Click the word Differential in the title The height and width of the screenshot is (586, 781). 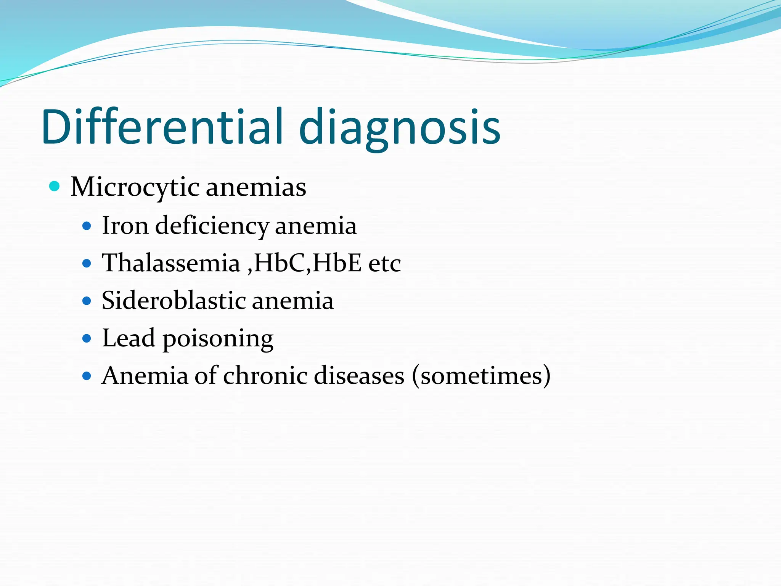[x=162, y=127]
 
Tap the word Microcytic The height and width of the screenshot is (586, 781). [x=135, y=188]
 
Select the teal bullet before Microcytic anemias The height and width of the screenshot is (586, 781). [x=55, y=186]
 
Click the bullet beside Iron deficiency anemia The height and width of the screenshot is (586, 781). [x=87, y=226]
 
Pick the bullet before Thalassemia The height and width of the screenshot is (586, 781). [x=87, y=263]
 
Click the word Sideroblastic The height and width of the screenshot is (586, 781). [x=174, y=300]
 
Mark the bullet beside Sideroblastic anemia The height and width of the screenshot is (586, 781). [x=87, y=301]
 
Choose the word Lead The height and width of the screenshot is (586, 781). [x=129, y=338]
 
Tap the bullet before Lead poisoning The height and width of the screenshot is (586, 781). [x=87, y=338]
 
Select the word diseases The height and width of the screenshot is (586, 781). [x=359, y=375]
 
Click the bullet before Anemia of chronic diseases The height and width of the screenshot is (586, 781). [x=87, y=376]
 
